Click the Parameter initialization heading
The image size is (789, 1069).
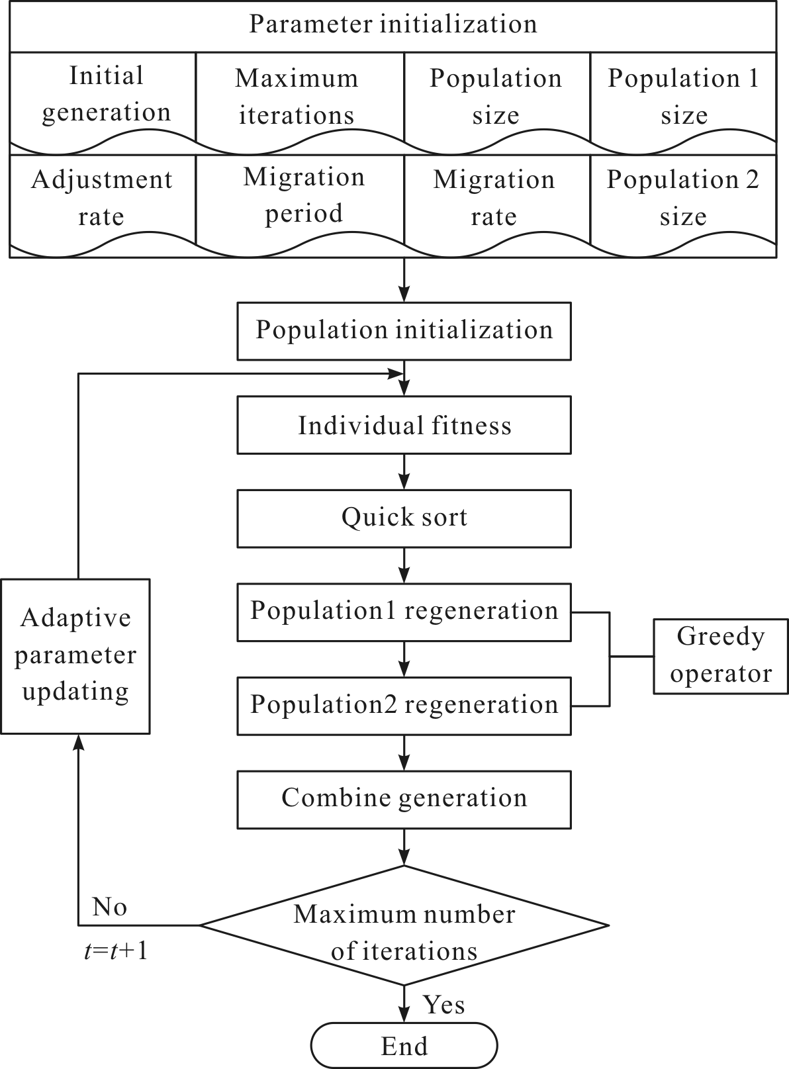click(393, 24)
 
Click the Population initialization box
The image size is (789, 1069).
click(404, 331)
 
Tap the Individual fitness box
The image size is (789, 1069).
click(404, 425)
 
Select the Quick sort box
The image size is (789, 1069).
click(404, 518)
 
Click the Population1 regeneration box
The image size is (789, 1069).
click(404, 612)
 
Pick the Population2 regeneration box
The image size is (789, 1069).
click(404, 706)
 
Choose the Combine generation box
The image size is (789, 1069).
click(404, 800)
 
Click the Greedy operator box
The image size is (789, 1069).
click(721, 657)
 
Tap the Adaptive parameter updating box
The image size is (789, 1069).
click(75, 657)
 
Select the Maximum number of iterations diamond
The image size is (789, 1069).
click(404, 925)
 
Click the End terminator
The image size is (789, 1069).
click(404, 1045)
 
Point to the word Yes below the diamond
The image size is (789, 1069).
click(444, 1005)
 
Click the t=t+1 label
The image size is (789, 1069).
click(116, 951)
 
